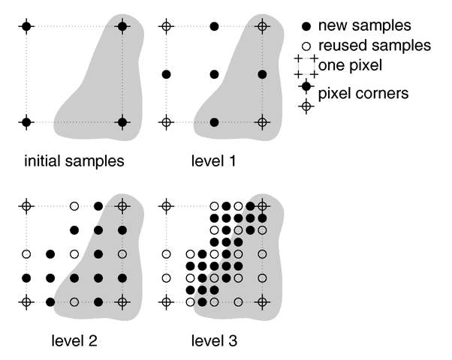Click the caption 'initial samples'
(x=74, y=160)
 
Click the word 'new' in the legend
(x=333, y=27)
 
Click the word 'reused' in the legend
(x=342, y=46)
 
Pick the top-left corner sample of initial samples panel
(x=26, y=26)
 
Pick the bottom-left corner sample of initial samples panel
(x=26, y=121)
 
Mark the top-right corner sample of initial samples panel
(x=122, y=26)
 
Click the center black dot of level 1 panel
(x=214, y=74)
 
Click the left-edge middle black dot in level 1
(x=167, y=74)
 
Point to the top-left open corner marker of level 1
(x=167, y=26)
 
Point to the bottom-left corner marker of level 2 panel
(x=26, y=302)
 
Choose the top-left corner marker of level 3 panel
(x=167, y=205)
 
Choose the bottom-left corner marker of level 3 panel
(x=167, y=302)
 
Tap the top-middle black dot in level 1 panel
(x=214, y=26)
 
